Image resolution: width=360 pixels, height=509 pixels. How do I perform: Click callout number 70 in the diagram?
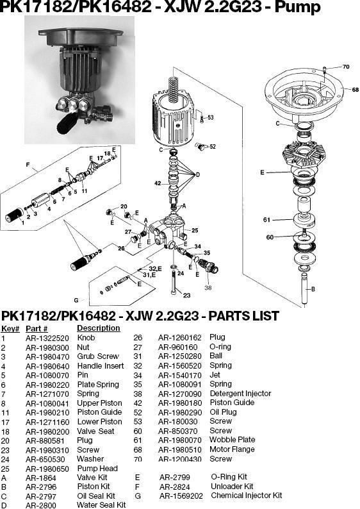click(346, 67)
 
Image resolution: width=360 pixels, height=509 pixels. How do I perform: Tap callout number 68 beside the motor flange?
click(355, 90)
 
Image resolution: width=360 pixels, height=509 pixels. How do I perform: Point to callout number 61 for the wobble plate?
click(267, 220)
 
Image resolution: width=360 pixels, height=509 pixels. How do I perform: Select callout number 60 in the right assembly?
click(270, 237)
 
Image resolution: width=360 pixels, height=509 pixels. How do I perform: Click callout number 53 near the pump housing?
click(210, 117)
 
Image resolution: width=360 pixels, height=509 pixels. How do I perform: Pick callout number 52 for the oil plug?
click(212, 146)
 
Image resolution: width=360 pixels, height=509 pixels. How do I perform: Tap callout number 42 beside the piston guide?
click(158, 183)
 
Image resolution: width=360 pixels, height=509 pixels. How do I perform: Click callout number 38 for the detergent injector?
click(208, 288)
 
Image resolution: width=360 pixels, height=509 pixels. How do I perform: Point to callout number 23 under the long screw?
click(186, 296)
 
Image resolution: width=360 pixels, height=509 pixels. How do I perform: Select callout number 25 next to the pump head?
click(195, 230)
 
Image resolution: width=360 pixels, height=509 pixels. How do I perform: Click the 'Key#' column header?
click(10, 328)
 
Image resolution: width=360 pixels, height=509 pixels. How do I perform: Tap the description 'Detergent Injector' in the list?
click(240, 394)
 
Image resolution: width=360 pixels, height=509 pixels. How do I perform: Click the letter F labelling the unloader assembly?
click(28, 165)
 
